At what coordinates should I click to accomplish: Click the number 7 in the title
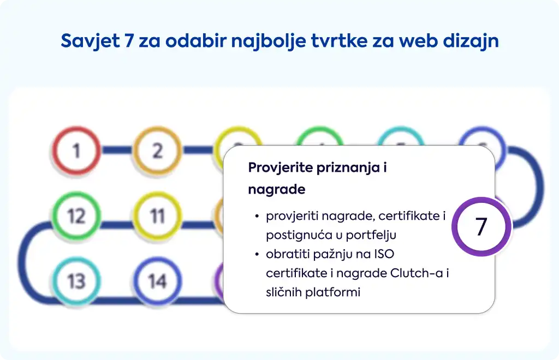129,40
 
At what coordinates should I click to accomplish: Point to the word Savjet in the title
91,41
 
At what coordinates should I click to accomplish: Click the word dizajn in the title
471,41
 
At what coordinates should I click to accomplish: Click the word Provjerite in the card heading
280,167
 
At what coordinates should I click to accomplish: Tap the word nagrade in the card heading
277,189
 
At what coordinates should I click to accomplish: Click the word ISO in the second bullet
384,254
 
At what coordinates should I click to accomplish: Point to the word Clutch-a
417,273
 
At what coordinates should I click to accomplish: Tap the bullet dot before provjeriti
257,216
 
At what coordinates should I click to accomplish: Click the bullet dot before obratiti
257,254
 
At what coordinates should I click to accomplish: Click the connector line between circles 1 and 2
117,150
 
